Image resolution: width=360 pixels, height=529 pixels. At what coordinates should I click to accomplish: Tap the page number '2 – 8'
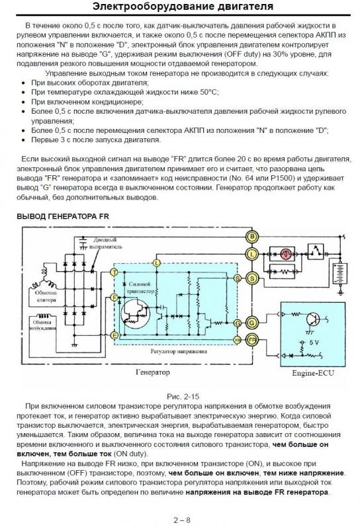pyautogui.click(x=180, y=519)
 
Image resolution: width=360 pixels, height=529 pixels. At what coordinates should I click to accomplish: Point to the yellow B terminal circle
pyautogui.click(x=251, y=236)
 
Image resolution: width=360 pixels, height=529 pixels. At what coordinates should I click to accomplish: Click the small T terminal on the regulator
pyautogui.click(x=115, y=272)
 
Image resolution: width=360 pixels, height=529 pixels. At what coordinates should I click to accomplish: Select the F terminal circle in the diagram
pyautogui.click(x=115, y=298)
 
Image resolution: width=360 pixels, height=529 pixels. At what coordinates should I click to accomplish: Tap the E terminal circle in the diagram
pyautogui.click(x=115, y=336)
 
